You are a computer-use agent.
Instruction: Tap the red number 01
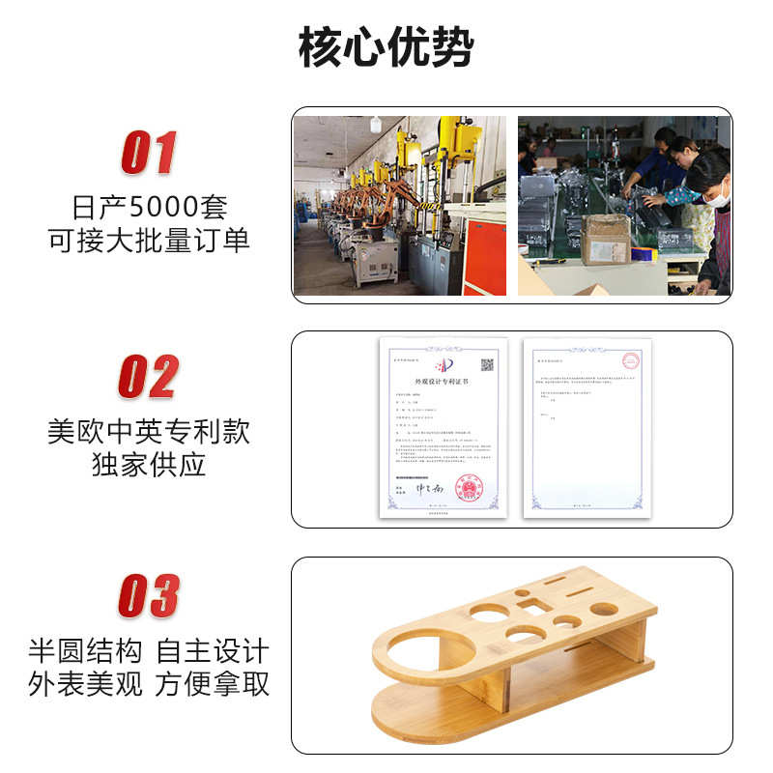pos(149,153)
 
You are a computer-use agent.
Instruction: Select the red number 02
pos(149,377)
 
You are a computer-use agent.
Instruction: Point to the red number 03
pos(149,595)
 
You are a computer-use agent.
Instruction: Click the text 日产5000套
pos(149,208)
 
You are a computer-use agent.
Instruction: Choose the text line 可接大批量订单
pos(149,240)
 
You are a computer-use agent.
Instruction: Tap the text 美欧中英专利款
pos(149,431)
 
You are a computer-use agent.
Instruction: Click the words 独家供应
pos(149,464)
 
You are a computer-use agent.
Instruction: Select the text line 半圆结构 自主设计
pos(149,650)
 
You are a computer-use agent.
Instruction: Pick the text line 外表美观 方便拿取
pos(149,684)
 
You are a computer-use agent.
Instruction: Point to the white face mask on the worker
pos(716,199)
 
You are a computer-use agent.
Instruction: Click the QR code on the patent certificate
pos(487,364)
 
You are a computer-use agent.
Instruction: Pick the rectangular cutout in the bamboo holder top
pos(530,606)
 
